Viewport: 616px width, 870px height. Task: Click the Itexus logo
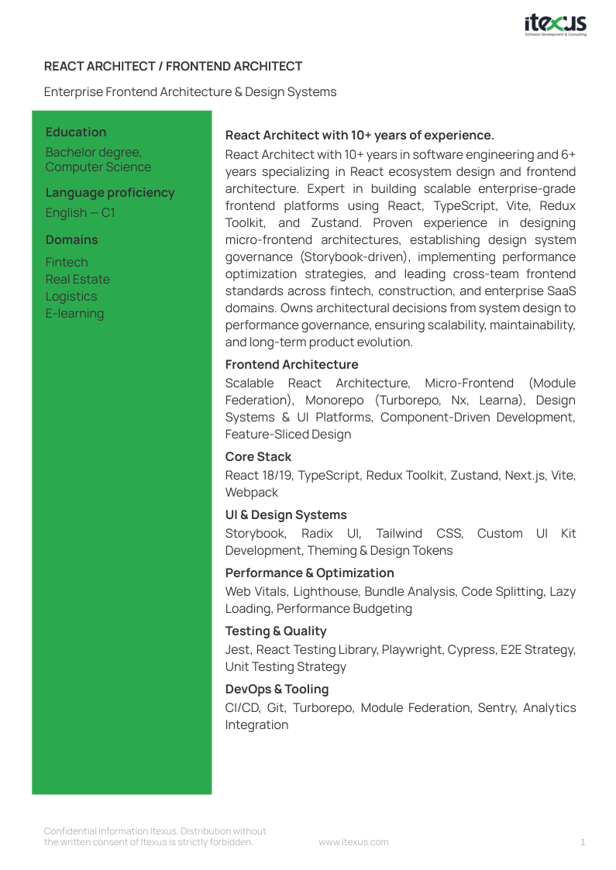point(555,25)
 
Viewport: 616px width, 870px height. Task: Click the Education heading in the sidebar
point(76,132)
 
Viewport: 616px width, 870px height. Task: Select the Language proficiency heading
point(110,193)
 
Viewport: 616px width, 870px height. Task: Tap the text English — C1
point(80,213)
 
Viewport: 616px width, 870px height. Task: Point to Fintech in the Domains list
point(67,263)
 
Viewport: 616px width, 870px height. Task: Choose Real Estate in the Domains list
point(77,280)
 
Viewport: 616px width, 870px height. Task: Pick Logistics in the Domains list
point(71,297)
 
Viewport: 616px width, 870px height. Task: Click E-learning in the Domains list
point(74,314)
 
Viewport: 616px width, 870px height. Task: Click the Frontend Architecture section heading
point(291,365)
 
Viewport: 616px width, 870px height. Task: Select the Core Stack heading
point(258,457)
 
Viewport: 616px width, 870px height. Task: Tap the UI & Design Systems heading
point(286,515)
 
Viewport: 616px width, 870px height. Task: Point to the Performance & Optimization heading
point(309,573)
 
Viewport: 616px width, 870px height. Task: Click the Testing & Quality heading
point(276,631)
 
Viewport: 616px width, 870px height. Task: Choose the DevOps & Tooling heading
point(277,689)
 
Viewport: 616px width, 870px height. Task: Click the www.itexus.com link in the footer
point(353,842)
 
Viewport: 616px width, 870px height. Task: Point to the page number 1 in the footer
point(583,842)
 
